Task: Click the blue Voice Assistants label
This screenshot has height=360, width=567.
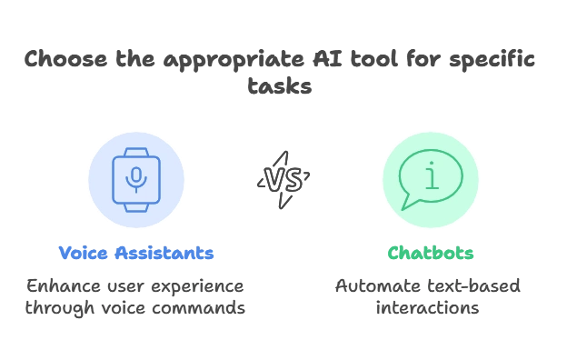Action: [x=137, y=252]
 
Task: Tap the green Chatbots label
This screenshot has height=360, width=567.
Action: [x=431, y=252]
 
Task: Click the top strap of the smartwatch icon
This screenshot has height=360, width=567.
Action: [x=136, y=151]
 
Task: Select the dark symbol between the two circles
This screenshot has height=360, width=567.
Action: [x=283, y=179]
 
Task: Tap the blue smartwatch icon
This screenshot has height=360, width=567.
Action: [x=136, y=179]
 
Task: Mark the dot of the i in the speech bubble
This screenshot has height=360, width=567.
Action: [x=432, y=164]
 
